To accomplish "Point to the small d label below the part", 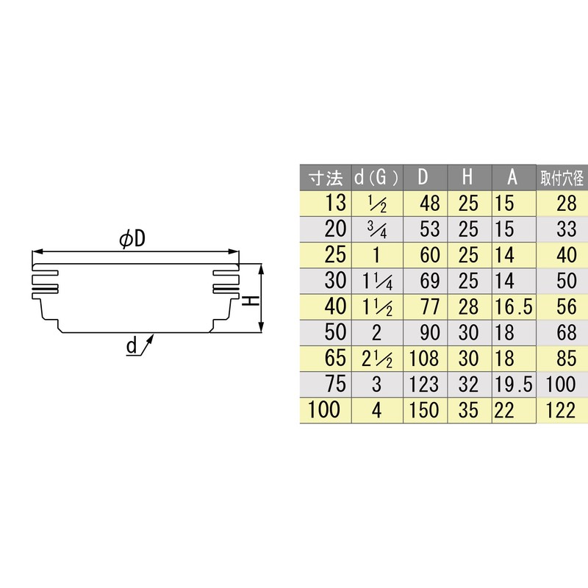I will point(131,346).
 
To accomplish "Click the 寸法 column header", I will point(325,179).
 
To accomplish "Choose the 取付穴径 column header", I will point(562,179).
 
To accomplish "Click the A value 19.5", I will point(512,384).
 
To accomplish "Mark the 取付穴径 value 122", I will point(560,410).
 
